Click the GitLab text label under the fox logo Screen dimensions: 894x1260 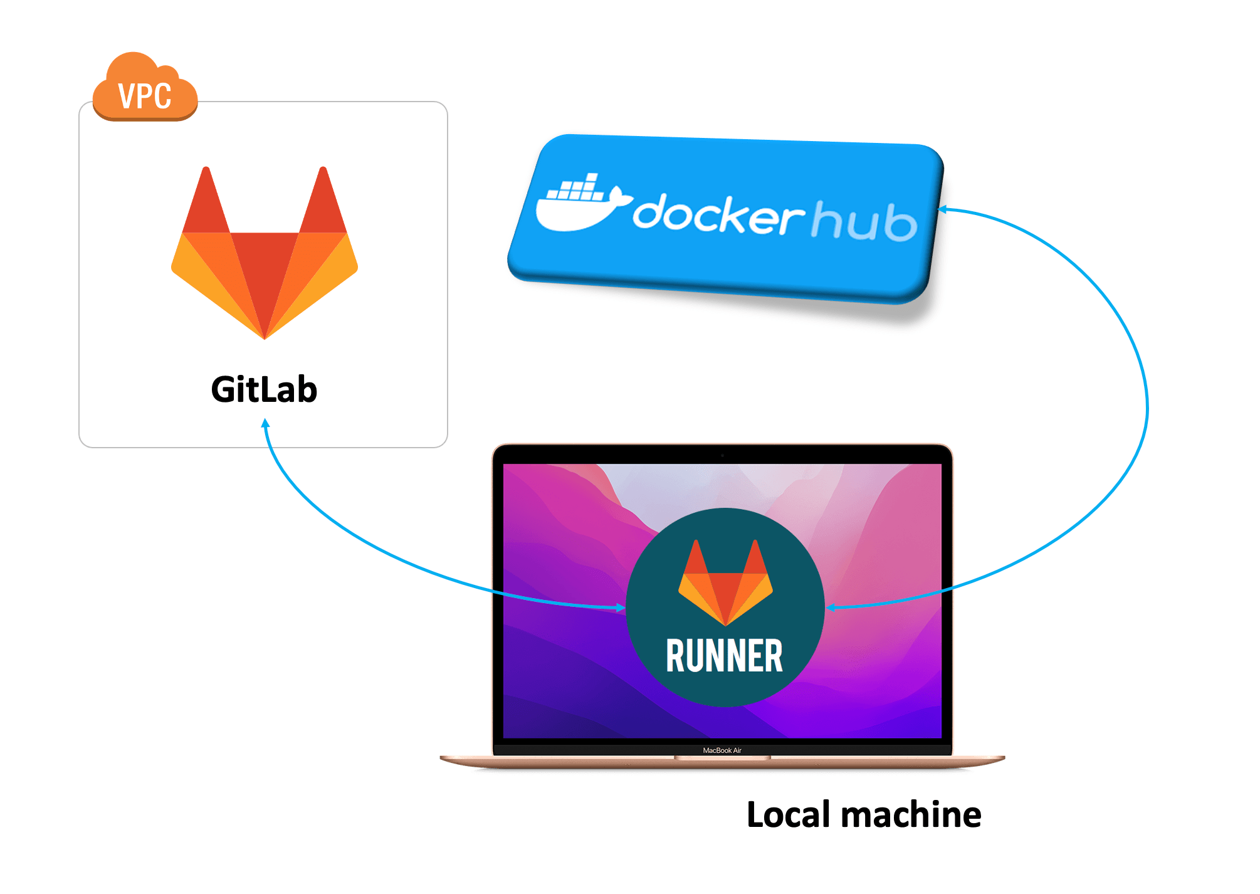tap(264, 389)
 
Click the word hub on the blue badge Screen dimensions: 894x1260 tap(864, 221)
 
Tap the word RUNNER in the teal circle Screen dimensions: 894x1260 tap(724, 656)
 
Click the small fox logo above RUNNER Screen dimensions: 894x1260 tap(725, 583)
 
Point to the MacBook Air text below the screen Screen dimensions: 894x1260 tap(722, 750)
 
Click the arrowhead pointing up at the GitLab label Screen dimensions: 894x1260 tap(265, 423)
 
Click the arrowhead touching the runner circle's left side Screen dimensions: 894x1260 tap(621, 607)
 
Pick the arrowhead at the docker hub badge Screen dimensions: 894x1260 tap(942, 209)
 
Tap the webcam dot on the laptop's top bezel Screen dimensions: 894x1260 tap(722, 455)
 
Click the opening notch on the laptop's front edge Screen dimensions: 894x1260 tap(722, 758)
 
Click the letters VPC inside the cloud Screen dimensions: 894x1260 tap(145, 97)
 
